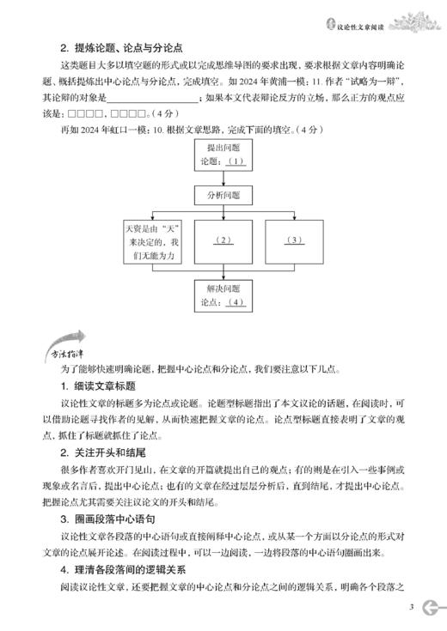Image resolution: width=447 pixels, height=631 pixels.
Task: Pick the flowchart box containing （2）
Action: pos(223,240)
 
